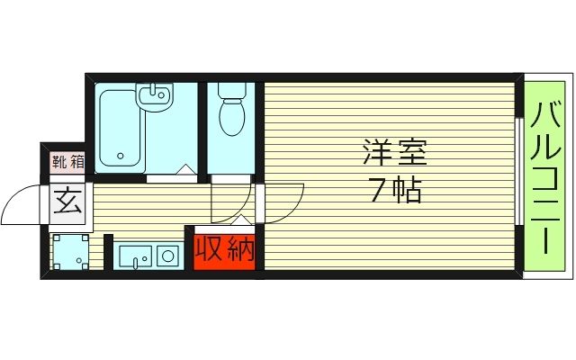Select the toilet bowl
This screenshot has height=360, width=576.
click(x=232, y=119)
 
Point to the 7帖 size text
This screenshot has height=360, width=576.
click(x=394, y=191)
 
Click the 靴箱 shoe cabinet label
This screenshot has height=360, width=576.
click(x=67, y=163)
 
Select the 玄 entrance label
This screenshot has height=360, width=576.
click(x=68, y=200)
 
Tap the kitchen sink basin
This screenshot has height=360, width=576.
click(x=136, y=256)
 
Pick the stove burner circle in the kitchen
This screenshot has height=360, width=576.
click(x=167, y=256)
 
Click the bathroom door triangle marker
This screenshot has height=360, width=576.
click(x=184, y=168)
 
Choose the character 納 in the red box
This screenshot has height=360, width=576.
click(x=238, y=249)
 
